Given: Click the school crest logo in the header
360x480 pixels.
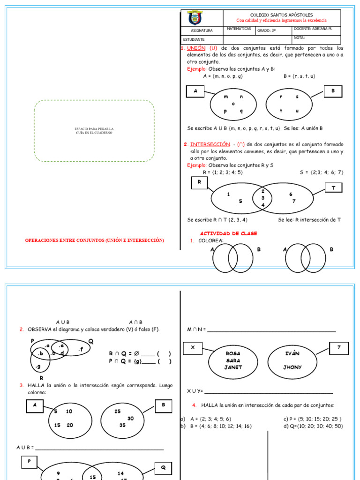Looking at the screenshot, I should point(195,18).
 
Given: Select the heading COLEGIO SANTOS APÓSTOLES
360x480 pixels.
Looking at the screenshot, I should point(282,15).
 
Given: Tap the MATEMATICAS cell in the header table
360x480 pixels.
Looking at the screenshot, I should point(239,29).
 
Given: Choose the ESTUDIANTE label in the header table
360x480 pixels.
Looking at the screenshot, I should point(194,39).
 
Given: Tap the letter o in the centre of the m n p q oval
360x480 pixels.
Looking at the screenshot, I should point(233,104).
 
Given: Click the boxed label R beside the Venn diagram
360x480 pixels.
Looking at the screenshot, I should point(199,182).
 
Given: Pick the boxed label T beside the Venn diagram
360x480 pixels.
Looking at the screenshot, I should point(333,188).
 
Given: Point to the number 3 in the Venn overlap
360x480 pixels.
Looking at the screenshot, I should point(263,198).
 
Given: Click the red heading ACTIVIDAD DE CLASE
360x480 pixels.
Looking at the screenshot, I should point(228,233).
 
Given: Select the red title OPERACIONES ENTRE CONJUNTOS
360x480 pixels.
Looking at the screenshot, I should point(94,240).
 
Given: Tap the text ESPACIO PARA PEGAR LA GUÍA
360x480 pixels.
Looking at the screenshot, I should point(94,130).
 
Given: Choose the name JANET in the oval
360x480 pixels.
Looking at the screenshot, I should point(233,367).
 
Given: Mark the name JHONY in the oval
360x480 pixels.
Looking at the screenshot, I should point(292,367).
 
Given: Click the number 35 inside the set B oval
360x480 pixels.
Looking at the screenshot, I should point(122,425).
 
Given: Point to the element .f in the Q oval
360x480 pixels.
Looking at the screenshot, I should point(81,349).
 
